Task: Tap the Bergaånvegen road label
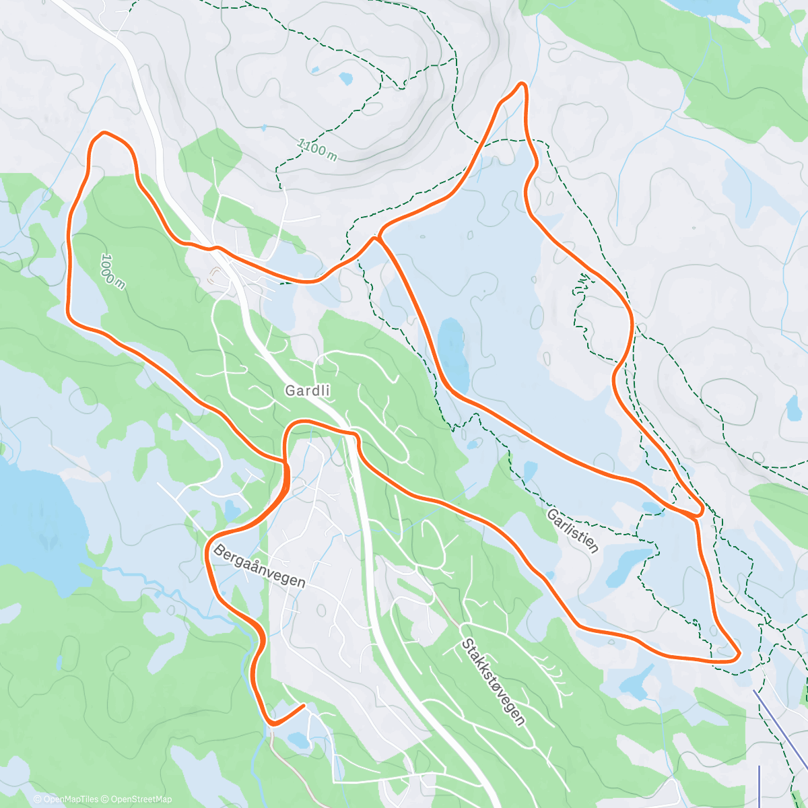pyautogui.click(x=260, y=566)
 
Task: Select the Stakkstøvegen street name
pyautogui.click(x=493, y=681)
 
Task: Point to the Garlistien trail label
pyautogui.click(x=572, y=531)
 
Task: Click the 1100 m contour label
pyautogui.click(x=316, y=149)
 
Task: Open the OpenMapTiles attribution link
pyautogui.click(x=66, y=799)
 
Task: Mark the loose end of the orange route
pyautogui.click(x=304, y=706)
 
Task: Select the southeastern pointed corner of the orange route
pyautogui.click(x=738, y=653)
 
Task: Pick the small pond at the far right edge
pyautogui.click(x=793, y=407)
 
